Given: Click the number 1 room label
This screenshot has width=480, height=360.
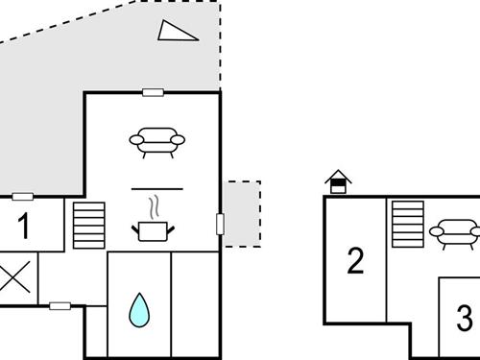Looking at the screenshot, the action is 24,227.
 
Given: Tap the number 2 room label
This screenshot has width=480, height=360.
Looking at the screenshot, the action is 356,260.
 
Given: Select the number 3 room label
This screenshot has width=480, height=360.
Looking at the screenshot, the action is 465,316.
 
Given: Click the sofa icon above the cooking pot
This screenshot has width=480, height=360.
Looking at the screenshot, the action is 156,140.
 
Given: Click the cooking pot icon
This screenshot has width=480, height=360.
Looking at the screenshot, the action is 153,230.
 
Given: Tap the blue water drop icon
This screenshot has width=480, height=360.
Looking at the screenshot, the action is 139,308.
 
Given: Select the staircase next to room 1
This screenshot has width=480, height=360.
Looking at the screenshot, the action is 86,225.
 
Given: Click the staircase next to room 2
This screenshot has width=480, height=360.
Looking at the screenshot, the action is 408,223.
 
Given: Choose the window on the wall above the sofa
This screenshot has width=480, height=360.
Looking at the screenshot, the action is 153,92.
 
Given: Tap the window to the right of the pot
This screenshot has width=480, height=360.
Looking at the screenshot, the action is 221,224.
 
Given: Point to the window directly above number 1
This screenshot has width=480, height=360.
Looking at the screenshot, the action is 23,197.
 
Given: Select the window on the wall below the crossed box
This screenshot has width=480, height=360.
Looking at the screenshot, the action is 60,306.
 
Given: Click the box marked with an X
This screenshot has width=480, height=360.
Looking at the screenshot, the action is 14,278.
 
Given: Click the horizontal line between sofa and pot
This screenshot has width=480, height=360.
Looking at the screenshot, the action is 156,186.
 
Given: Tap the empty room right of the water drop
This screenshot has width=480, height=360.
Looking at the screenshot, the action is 195,302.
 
